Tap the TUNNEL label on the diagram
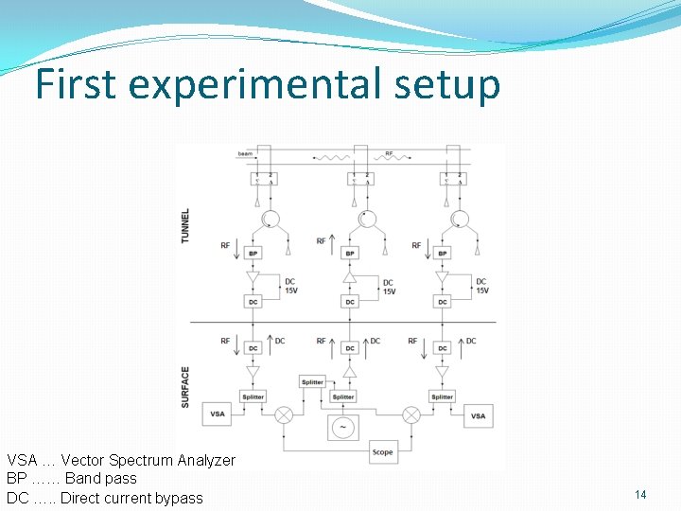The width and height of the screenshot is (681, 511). tap(185, 225)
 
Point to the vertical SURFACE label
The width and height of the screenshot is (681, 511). tap(185, 387)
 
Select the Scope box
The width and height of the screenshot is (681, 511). tap(382, 451)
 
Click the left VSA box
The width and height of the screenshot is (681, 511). tap(218, 414)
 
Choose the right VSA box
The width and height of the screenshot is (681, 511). tap(479, 414)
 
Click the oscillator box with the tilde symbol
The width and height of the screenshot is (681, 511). tap(342, 427)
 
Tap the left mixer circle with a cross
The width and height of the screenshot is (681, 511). tap(283, 414)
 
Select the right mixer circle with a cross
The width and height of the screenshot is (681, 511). tap(411, 414)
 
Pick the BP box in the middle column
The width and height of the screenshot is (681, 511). tap(350, 254)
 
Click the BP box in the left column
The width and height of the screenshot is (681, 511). tap(253, 254)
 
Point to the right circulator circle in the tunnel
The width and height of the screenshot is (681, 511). tap(460, 220)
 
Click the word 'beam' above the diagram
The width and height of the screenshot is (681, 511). tap(245, 152)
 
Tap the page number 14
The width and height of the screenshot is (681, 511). tap(640, 495)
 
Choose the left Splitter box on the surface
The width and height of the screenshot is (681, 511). tap(253, 396)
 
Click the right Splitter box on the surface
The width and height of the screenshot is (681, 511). tap(442, 396)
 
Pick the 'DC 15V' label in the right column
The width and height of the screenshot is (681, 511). tap(481, 286)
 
